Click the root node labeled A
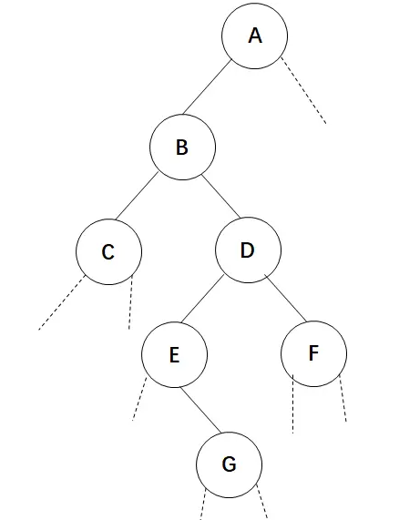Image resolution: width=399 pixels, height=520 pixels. coord(255,36)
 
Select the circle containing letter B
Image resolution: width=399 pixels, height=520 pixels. coord(183,148)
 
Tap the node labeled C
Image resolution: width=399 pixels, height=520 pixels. coord(108,251)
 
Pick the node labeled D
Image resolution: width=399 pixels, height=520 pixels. coord(248,250)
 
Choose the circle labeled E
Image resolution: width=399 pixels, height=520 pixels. coord(175,354)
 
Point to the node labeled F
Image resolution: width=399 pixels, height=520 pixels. coord(313,353)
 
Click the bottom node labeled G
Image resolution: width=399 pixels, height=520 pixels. coord(230,464)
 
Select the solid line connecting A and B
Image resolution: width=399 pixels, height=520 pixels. coord(207,87)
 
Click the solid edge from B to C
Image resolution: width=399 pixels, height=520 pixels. coord(137,196)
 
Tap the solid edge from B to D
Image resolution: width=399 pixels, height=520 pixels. coord(220,197)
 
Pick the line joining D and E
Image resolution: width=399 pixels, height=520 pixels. coord(202,299)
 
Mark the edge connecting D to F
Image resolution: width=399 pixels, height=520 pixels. coord(285,298)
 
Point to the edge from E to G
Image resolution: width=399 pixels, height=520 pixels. coord(200,410)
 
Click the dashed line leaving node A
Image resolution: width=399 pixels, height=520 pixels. coord(303,90)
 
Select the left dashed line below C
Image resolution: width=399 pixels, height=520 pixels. coord(62,302)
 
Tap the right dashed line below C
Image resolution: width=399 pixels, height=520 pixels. coord(130,302)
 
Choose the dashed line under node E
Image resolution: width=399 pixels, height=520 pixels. coord(139,399)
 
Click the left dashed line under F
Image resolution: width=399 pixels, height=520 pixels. coord(292,404)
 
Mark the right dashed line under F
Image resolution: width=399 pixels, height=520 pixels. coord(343,398)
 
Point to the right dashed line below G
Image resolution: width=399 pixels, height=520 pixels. coord(262,502)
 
